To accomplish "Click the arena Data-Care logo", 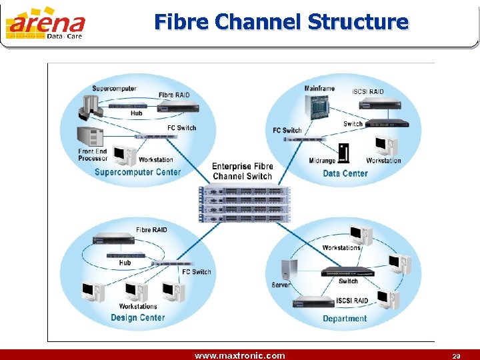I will tap(45, 23).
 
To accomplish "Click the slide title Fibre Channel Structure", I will tap(281, 22).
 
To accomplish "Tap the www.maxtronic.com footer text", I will tap(239, 355).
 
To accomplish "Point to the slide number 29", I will tap(456, 356).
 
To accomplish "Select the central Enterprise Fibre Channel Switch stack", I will tap(245, 203).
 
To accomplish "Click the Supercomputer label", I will tap(114, 89).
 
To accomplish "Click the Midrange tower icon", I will tap(344, 153).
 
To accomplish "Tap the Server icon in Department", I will tap(289, 269).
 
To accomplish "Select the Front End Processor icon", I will tap(92, 137).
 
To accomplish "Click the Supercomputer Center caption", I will tap(137, 172).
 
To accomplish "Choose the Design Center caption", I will tap(137, 317).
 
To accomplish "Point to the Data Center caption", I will tap(345, 173).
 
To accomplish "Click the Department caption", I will tap(345, 319).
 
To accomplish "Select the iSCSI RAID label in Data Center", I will tap(368, 91).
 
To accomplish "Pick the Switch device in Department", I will tap(348, 271).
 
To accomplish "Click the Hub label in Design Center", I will tap(125, 263).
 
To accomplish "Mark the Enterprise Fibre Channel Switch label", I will tap(243, 171).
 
